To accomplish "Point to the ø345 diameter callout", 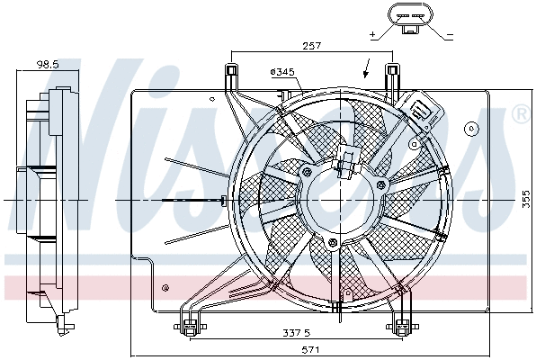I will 281,71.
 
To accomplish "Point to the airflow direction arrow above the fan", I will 366,67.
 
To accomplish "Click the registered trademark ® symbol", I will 520,114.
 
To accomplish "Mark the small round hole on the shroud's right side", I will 469,129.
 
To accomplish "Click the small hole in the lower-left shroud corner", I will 167,288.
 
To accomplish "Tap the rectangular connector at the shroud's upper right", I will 422,112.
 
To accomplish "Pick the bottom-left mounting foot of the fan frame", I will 190,326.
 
